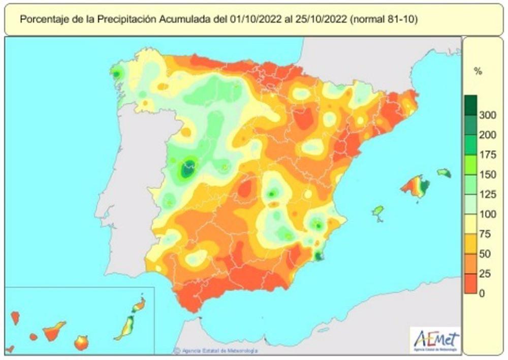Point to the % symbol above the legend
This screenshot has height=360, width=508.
[x=478, y=72]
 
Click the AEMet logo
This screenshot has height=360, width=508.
[x=436, y=339]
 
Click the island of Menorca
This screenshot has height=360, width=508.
[x=444, y=173]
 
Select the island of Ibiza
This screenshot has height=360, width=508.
[x=377, y=211]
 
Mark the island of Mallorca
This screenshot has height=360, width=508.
[x=416, y=187]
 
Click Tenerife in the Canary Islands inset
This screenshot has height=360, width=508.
[x=54, y=331]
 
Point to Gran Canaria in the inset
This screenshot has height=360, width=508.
[x=81, y=343]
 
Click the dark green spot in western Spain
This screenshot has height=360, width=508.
[x=188, y=168]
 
